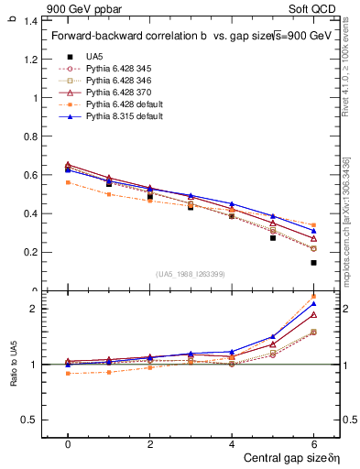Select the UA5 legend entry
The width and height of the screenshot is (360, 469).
(94, 57)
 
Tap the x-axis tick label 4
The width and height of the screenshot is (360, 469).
(232, 443)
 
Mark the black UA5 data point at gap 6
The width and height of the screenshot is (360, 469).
(313, 263)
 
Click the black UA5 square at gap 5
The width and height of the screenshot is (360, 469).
(272, 238)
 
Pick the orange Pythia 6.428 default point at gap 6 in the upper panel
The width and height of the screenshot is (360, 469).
(313, 225)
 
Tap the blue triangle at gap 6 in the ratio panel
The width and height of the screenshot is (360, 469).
(313, 303)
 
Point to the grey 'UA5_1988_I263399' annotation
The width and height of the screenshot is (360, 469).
(191, 274)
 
